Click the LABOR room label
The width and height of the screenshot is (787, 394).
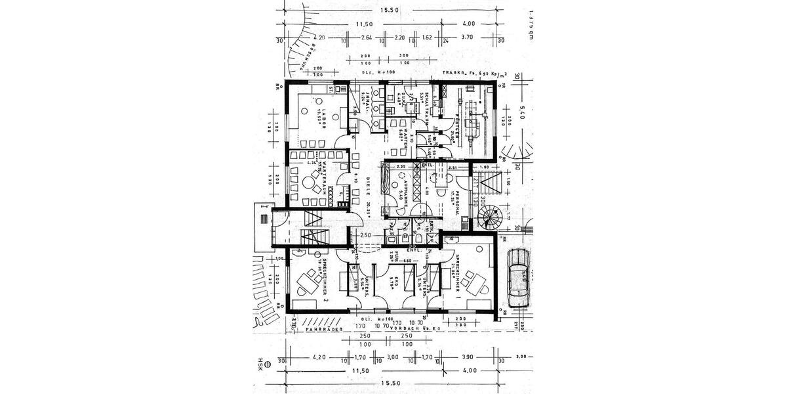click(x=323, y=117)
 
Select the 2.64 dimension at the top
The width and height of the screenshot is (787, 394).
click(x=367, y=37)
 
